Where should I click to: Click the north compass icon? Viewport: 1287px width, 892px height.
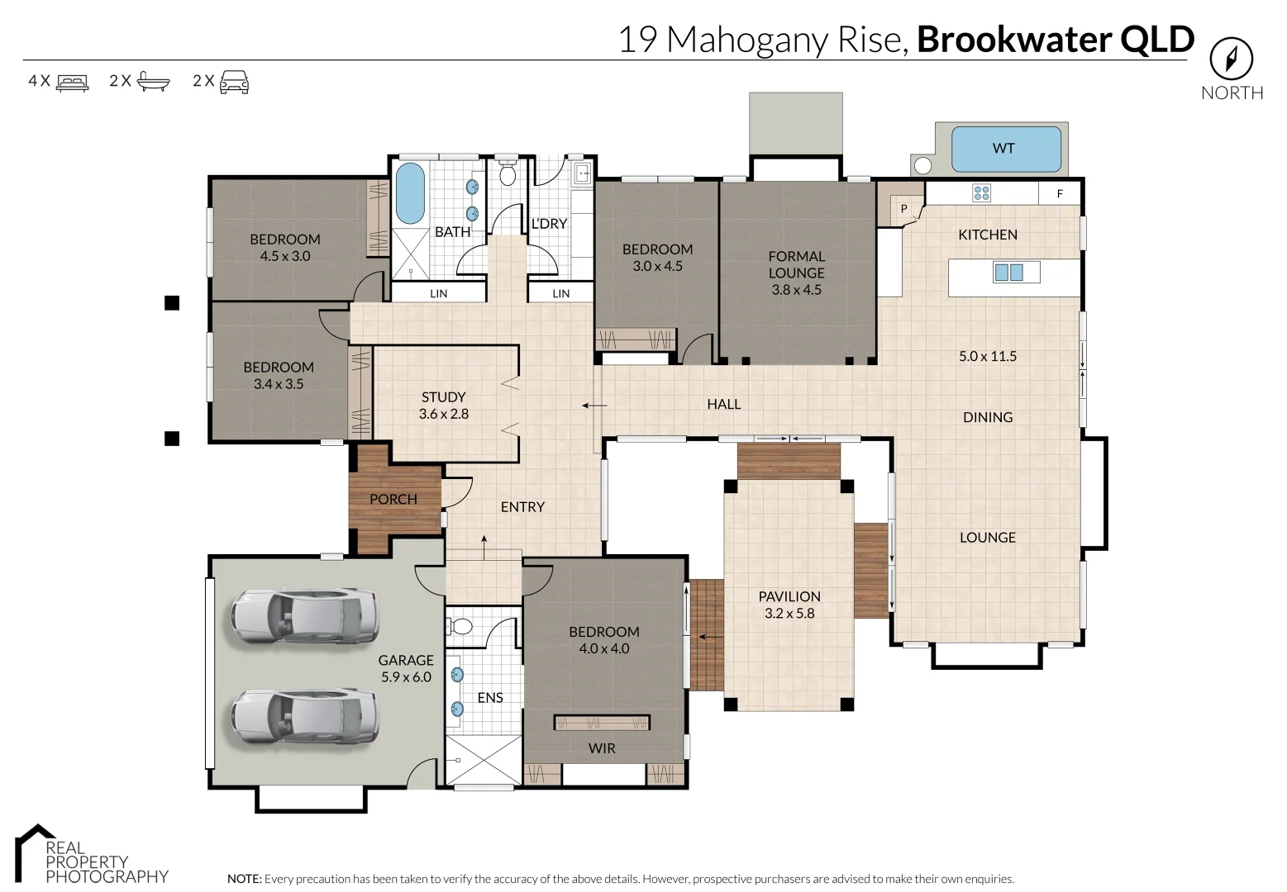[x=1231, y=59]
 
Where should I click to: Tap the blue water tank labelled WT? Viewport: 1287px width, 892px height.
[x=1005, y=149]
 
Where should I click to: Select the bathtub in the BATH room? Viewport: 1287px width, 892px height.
[x=409, y=193]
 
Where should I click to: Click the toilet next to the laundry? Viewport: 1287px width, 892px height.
[x=508, y=174]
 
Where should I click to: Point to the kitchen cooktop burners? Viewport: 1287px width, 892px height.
[x=981, y=193]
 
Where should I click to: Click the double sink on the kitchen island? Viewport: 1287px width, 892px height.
[x=1008, y=272]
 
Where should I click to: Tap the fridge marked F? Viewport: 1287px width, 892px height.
[x=1059, y=194]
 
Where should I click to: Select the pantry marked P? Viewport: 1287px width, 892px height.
[x=903, y=208]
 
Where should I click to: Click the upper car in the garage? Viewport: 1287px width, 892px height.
[x=305, y=616]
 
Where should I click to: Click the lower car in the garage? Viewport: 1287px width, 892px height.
[x=305, y=714]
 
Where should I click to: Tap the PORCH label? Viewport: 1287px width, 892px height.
[x=393, y=499]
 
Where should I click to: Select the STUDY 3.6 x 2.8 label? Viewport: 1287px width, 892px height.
[x=444, y=406]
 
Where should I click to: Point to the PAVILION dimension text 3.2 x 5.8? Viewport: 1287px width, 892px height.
[x=789, y=614]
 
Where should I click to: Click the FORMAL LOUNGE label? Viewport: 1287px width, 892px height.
[x=796, y=264]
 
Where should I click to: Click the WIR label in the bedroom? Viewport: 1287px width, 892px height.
[x=602, y=748]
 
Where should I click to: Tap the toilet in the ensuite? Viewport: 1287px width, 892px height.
[x=460, y=626]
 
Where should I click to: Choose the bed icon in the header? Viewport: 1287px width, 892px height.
[x=72, y=82]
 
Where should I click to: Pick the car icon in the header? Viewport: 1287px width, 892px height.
[x=234, y=81]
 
